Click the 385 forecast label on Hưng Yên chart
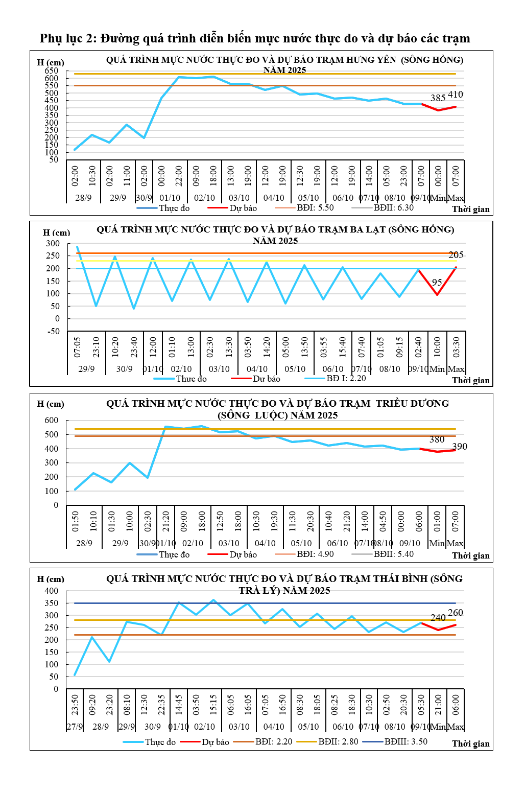[438, 98]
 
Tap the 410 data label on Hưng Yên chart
[456, 95]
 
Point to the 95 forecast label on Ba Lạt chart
[437, 282]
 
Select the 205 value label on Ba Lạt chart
[456, 255]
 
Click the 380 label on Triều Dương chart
[437, 439]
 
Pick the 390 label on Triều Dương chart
[460, 447]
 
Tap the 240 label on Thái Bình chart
[438, 618]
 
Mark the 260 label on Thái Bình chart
[456, 613]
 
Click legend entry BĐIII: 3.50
[406, 741]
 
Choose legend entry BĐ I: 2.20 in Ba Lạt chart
[346, 378]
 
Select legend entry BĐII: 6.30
[393, 207]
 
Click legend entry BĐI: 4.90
[315, 554]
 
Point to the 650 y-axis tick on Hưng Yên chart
[52, 71]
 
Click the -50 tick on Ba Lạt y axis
[53, 331]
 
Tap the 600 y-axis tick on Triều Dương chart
[52, 420]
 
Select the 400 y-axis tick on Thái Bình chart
[52, 591]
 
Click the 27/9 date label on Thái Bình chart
[75, 727]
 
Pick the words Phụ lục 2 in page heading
[68, 38]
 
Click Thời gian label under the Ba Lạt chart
[470, 380]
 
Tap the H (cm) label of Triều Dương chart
[51, 404]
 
